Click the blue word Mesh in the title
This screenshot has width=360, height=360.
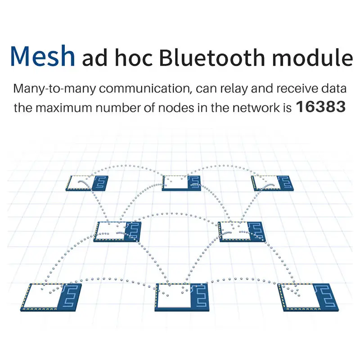point(43,56)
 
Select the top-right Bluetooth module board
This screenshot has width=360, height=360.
point(273,182)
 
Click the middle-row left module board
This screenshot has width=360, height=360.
point(117,231)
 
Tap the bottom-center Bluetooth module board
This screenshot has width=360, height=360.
point(179,297)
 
